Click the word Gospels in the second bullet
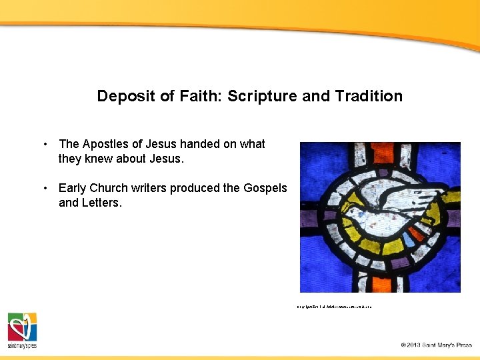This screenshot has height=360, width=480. tap(265, 188)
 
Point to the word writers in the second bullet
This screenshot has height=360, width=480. tap(147, 188)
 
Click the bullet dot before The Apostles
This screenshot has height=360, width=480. tap(45, 144)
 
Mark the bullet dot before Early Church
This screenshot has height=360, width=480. tap(45, 188)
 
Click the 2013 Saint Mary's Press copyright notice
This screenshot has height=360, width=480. tap(436, 345)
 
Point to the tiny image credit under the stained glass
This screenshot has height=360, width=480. tap(334, 307)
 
